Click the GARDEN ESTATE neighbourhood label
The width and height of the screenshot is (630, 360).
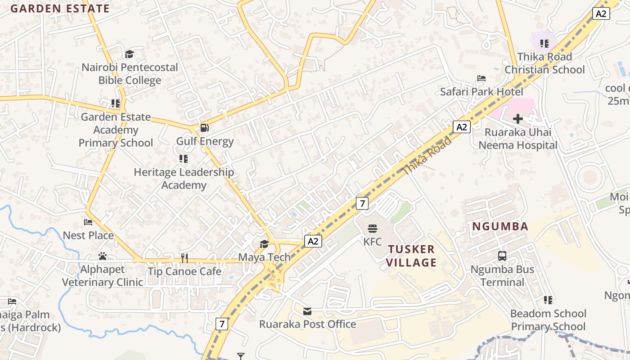(60, 9)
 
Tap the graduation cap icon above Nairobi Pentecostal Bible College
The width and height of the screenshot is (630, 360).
(129, 54)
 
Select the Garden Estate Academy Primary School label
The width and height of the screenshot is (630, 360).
(116, 130)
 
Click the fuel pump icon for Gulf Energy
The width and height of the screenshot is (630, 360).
(204, 128)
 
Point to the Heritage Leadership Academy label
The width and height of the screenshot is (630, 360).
(184, 178)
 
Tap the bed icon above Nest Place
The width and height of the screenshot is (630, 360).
(88, 222)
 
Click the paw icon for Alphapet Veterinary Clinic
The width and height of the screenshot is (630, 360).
(103, 256)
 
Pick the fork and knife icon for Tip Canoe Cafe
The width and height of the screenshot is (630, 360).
(184, 258)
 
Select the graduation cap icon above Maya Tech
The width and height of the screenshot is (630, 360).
(264, 244)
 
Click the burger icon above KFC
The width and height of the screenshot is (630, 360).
(373, 228)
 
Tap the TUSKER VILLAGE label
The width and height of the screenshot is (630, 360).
(412, 256)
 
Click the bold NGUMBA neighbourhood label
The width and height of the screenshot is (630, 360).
(500, 226)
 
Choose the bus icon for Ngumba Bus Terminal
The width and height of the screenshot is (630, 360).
(502, 256)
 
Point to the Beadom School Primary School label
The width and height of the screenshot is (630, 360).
(548, 320)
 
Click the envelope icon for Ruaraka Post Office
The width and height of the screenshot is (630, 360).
(307, 311)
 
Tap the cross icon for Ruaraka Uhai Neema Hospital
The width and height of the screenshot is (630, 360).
(518, 119)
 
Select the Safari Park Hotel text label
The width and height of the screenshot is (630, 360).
(481, 92)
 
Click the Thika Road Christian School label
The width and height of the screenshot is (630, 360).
(544, 63)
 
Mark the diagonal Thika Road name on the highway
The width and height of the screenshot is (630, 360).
(427, 156)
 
